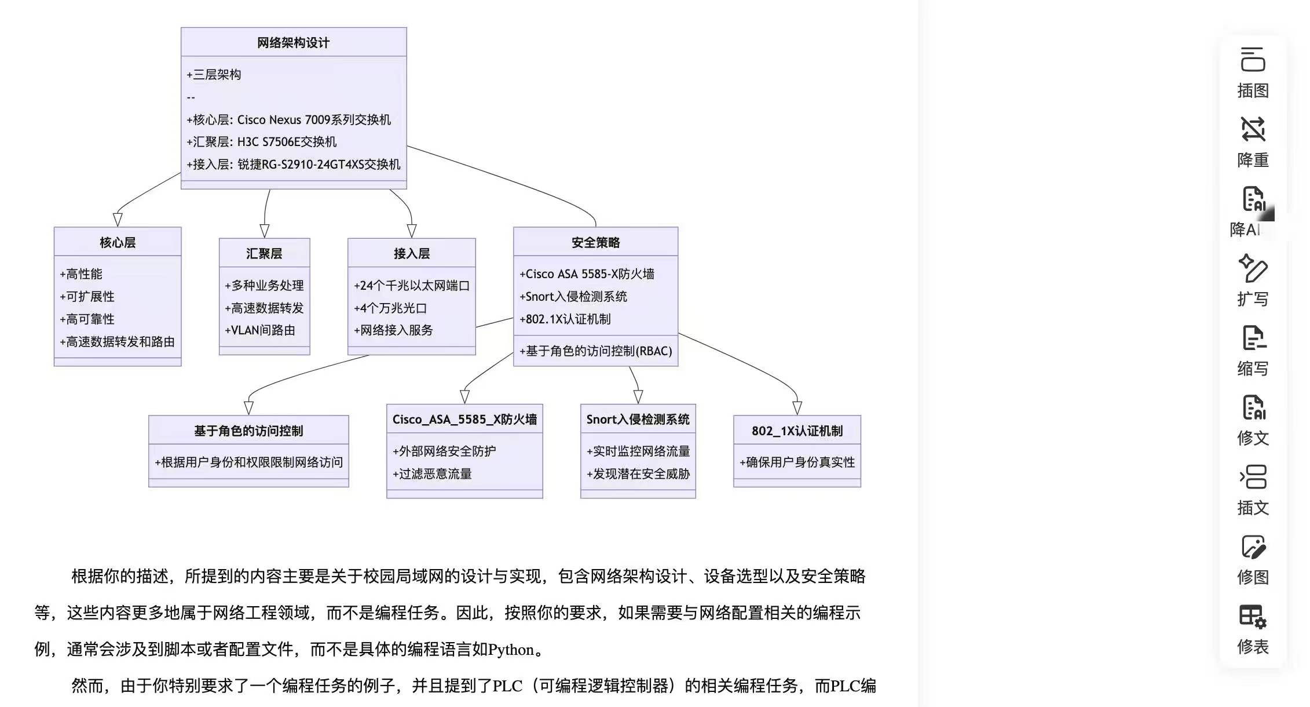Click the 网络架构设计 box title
pos(293,43)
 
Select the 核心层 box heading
pos(118,242)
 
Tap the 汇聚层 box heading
pos(264,253)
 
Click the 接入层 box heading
pos(412,253)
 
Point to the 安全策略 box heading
pos(595,242)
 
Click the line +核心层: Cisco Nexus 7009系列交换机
pos(288,120)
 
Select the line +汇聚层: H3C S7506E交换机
pos(261,142)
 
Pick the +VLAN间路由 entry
pos(260,330)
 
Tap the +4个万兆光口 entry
pos(390,308)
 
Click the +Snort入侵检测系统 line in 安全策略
pos(573,297)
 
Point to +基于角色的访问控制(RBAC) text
pos(596,351)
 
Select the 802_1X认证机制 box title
pos(797,431)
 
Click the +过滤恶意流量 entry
pos(432,474)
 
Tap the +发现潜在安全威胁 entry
pos(638,474)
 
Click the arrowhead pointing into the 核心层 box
pos(118,220)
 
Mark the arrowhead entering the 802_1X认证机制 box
pos(797,408)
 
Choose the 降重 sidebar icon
pos(1253,129)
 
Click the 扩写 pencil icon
pos(1253,268)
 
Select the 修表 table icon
pos(1253,616)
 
